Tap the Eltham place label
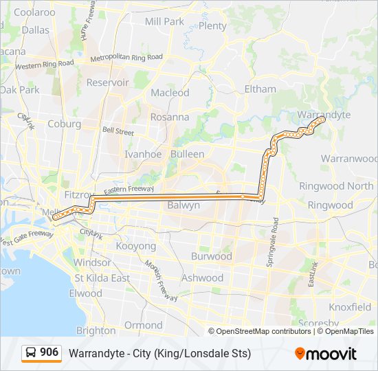[260, 89]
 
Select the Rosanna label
[169, 117]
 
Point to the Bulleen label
[187, 154]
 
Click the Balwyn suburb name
[184, 205]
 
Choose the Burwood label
[211, 256]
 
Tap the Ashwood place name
[202, 278]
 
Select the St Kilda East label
[102, 278]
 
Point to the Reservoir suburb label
[107, 82]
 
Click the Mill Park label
[165, 21]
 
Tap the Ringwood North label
[336, 186]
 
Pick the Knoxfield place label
[351, 306]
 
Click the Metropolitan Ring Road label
[126, 58]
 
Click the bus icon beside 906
[32, 352]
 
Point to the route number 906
[49, 352]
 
